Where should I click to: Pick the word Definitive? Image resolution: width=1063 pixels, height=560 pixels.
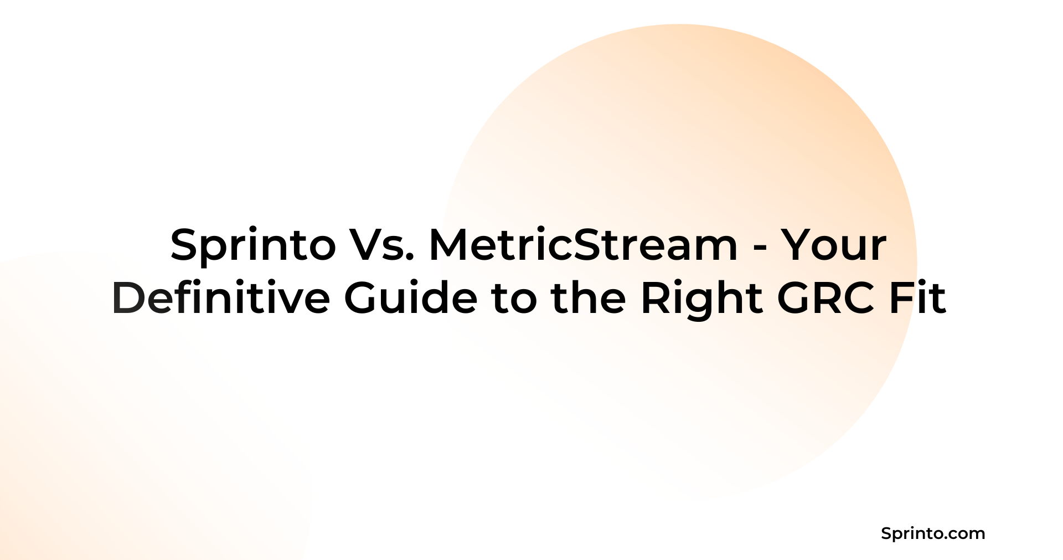click(x=221, y=298)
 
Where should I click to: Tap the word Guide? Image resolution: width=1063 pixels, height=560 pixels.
click(x=410, y=298)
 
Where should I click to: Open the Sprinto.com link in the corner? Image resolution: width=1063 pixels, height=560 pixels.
click(x=933, y=534)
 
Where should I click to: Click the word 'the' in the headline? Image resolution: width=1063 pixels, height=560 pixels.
click(x=589, y=298)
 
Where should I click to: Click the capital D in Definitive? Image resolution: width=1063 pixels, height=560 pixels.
click(x=131, y=298)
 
